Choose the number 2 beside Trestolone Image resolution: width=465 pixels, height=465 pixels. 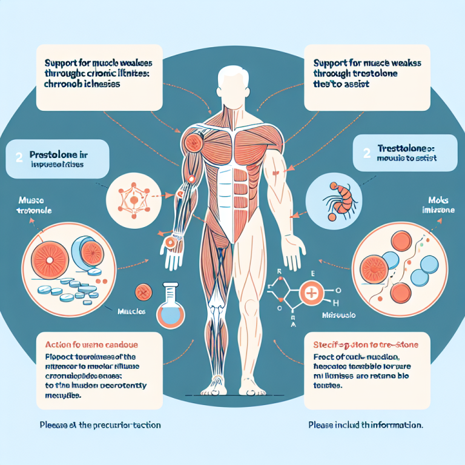pyautogui.click(x=367, y=153)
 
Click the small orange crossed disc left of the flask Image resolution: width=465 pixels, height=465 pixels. pyautogui.click(x=143, y=292)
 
